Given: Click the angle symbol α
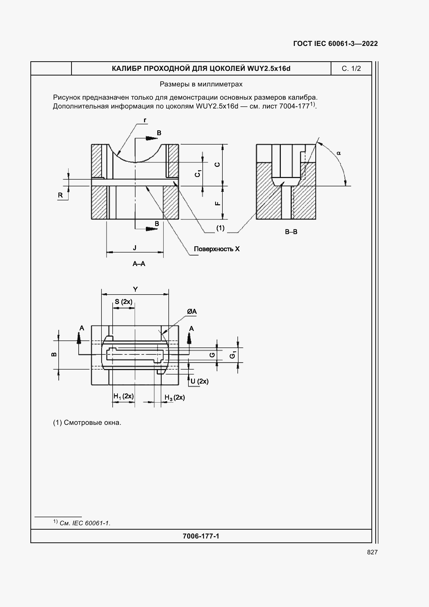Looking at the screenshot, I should pyautogui.click(x=339, y=153).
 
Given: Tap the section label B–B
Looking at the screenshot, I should pyautogui.click(x=291, y=232).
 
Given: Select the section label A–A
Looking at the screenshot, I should pyautogui.click(x=139, y=264).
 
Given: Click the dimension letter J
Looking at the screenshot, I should pyautogui.click(x=135, y=248).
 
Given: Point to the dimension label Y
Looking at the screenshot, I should pyautogui.click(x=135, y=289).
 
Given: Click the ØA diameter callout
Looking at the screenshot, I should pyautogui.click(x=192, y=312).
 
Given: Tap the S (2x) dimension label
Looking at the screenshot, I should pyautogui.click(x=124, y=302).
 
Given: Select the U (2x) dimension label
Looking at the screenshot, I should pyautogui.click(x=200, y=381).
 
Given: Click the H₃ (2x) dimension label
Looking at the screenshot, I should pyautogui.click(x=174, y=398).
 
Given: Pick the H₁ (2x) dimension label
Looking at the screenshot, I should pyautogui.click(x=124, y=396).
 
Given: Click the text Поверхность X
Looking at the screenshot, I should pyautogui.click(x=217, y=249).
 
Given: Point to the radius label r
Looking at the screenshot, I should pyautogui.click(x=145, y=120).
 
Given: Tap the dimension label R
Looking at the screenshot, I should pyautogui.click(x=60, y=195).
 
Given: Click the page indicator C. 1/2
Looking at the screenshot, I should pyautogui.click(x=351, y=69).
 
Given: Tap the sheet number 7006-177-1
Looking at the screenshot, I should pyautogui.click(x=201, y=536).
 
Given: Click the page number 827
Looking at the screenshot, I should pyautogui.click(x=372, y=552).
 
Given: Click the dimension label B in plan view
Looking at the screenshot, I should pyautogui.click(x=54, y=354).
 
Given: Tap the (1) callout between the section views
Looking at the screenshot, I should pyautogui.click(x=220, y=228).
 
